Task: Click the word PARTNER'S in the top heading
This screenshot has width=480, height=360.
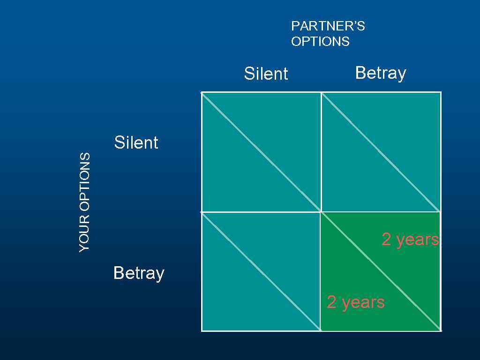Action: (x=328, y=26)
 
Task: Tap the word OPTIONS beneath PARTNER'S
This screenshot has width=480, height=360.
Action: (x=320, y=42)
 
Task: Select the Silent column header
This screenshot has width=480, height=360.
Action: (x=266, y=74)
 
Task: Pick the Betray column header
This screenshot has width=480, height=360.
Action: (x=380, y=73)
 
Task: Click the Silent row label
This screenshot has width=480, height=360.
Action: (x=136, y=142)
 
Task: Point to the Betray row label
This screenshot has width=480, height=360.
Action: (x=139, y=273)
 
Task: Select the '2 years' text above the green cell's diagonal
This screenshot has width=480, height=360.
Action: (x=410, y=240)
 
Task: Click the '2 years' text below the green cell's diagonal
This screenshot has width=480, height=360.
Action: (x=356, y=302)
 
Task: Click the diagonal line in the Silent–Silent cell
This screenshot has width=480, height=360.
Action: (x=261, y=152)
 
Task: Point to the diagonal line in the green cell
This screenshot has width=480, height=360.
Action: (x=381, y=271)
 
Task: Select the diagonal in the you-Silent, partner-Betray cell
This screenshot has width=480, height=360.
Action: (x=381, y=152)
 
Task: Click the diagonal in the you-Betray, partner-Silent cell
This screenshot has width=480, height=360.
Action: (x=261, y=271)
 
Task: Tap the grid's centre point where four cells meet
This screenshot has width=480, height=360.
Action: (x=321, y=212)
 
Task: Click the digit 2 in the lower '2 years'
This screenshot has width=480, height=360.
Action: (x=331, y=303)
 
